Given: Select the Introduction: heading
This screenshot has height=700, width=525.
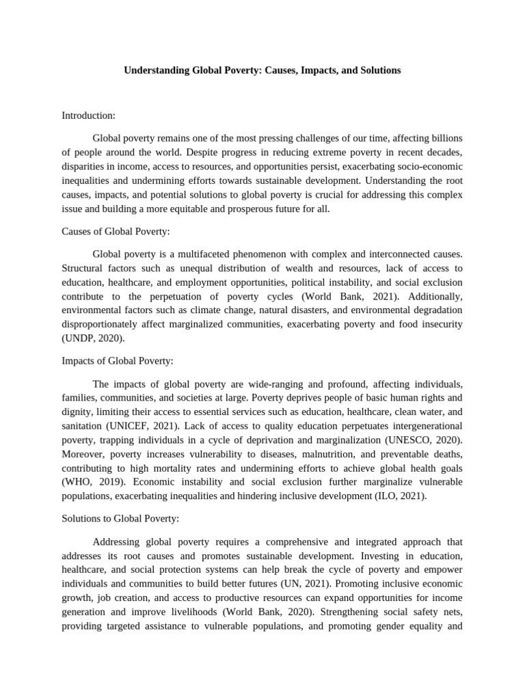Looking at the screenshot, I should (x=88, y=116).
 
